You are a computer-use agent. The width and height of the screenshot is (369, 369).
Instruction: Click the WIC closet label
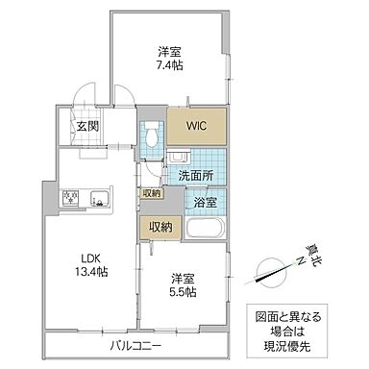pos(197,125)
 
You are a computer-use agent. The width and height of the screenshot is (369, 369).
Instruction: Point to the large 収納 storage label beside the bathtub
pos(160,227)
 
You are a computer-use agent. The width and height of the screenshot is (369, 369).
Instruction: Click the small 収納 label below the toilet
pos(152,193)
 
